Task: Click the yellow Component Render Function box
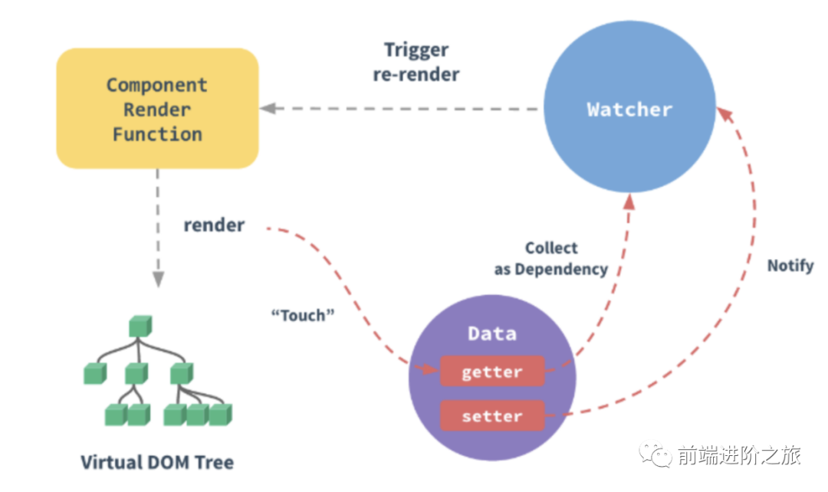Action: [x=157, y=108]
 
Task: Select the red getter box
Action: [x=491, y=372]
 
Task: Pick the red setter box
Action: [x=491, y=417]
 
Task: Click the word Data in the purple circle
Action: [x=491, y=333]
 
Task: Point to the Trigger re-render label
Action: [x=416, y=62]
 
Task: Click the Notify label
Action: [x=790, y=267]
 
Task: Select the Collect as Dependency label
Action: [x=551, y=258]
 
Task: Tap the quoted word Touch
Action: [x=304, y=315]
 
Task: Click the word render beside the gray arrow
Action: [x=214, y=225]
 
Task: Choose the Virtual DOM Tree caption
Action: [x=157, y=462]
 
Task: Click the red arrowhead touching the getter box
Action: [x=432, y=371]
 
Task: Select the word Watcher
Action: [x=629, y=110]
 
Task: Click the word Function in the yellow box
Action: [x=157, y=134]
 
